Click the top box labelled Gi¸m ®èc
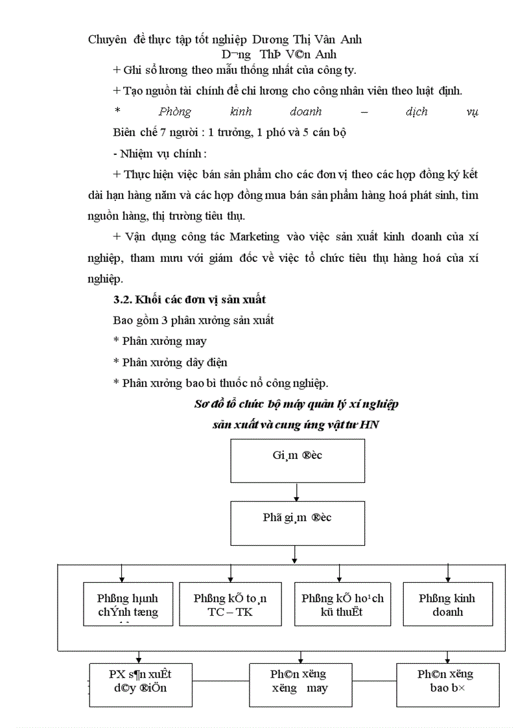pyautogui.click(x=297, y=460)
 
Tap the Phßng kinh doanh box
pyautogui.click(x=447, y=604)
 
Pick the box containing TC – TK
pyautogui.click(x=230, y=604)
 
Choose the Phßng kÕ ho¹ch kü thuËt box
pyautogui.click(x=342, y=604)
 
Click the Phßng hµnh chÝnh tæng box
pyautogui.click(x=128, y=604)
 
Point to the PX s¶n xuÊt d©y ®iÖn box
pyautogui.click(x=141, y=684)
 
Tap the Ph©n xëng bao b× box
pyautogui.click(x=447, y=684)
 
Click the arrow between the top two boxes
pyautogui.click(x=297, y=492)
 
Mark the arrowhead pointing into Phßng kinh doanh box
pyautogui.click(x=447, y=578)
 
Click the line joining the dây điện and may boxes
pyautogui.click(x=220, y=681)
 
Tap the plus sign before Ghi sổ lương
pyautogui.click(x=116, y=69)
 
